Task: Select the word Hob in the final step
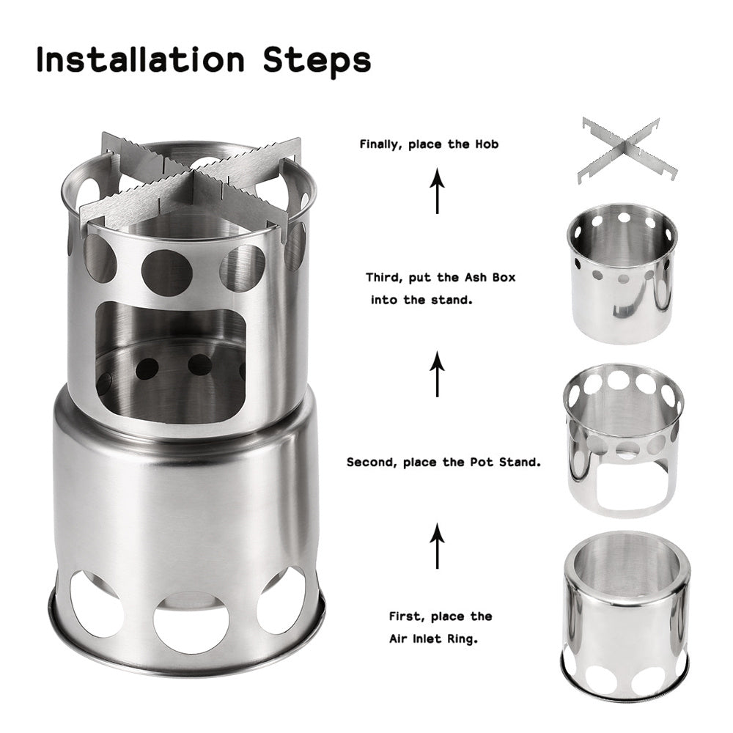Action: pyautogui.click(x=486, y=144)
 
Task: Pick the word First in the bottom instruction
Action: pyautogui.click(x=405, y=616)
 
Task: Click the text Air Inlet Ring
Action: pyautogui.click(x=433, y=638)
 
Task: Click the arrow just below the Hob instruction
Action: pyautogui.click(x=438, y=190)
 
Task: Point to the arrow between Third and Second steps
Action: pyautogui.click(x=438, y=373)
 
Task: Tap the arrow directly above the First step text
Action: pyautogui.click(x=438, y=545)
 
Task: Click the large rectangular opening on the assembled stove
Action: pyautogui.click(x=170, y=363)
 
